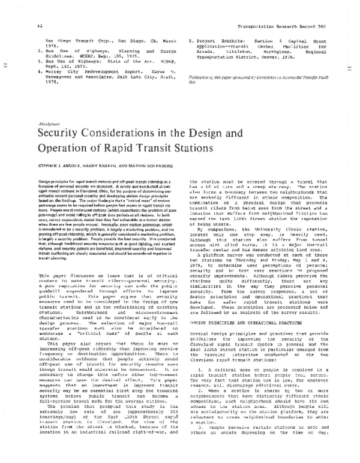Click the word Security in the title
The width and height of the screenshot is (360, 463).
62,147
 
